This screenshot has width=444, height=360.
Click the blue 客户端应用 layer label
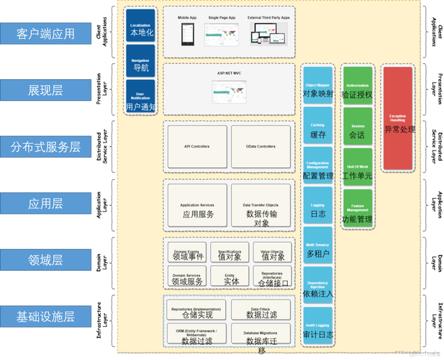[45, 33]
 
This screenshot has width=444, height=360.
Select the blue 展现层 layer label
[45, 89]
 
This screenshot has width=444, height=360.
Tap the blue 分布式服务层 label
[45, 147]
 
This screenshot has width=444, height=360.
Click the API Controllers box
[196, 147]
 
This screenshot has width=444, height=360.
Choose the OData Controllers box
[260, 147]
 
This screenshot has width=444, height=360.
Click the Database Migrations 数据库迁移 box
[261, 333]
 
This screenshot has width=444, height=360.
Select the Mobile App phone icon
[187, 32]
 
